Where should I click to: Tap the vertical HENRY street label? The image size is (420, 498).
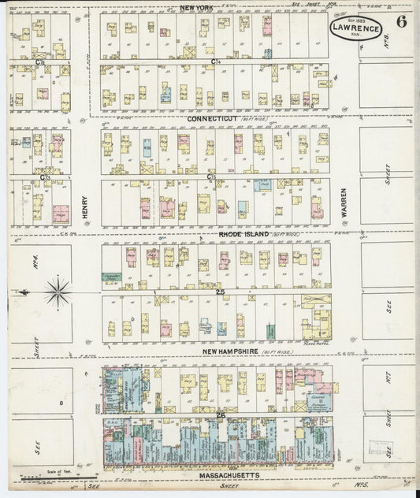pos(84,208)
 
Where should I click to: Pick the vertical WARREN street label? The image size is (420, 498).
pos(344,202)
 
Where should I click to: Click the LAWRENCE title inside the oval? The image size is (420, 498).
pos(355,28)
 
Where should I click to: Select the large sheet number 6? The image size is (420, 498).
pos(401,22)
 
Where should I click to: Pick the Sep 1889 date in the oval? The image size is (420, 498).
pos(355,19)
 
